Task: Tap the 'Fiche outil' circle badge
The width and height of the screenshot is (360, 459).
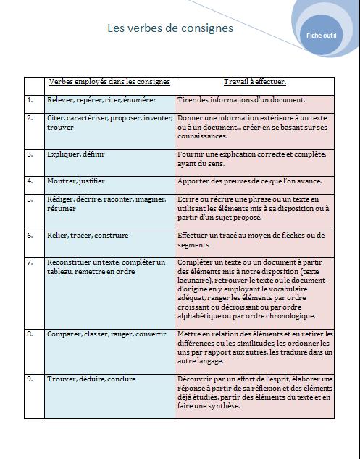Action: click(x=321, y=35)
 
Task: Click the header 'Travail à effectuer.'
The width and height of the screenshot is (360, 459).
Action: click(x=254, y=82)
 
